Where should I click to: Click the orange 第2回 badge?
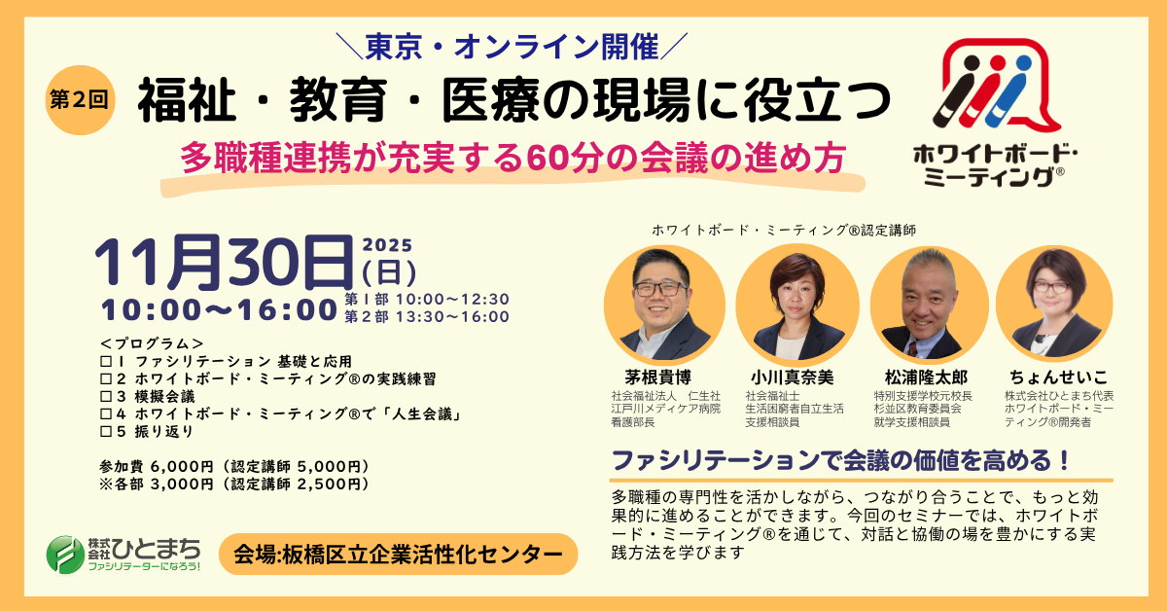[81, 98]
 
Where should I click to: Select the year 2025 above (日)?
[387, 244]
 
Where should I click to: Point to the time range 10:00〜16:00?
[219, 310]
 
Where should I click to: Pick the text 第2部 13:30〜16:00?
[427, 316]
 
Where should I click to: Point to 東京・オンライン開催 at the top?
[513, 45]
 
